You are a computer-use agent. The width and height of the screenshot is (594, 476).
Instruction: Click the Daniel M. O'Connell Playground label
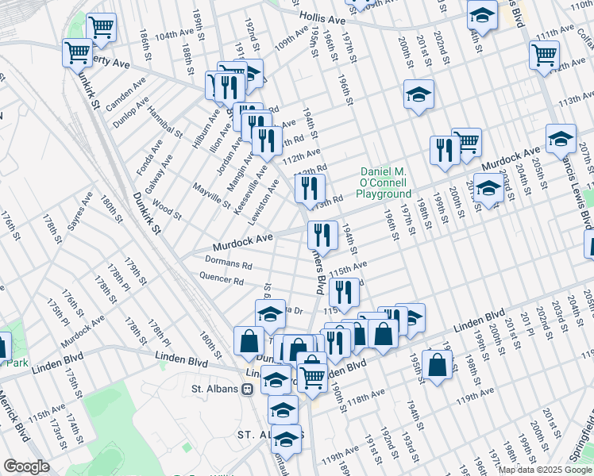tap(384, 182)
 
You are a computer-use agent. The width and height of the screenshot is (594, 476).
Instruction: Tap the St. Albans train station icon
tap(249, 390)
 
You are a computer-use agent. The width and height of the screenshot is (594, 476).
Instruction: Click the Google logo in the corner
tap(26, 466)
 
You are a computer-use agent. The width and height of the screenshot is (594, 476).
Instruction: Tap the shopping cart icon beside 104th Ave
tap(101, 28)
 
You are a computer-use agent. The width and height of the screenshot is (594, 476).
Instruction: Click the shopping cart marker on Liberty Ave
tap(77, 52)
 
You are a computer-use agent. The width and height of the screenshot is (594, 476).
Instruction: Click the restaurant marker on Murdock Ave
tap(323, 234)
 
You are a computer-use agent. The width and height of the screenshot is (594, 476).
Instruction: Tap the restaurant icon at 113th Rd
tap(310, 188)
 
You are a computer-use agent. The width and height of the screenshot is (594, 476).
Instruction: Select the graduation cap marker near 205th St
tap(561, 139)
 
